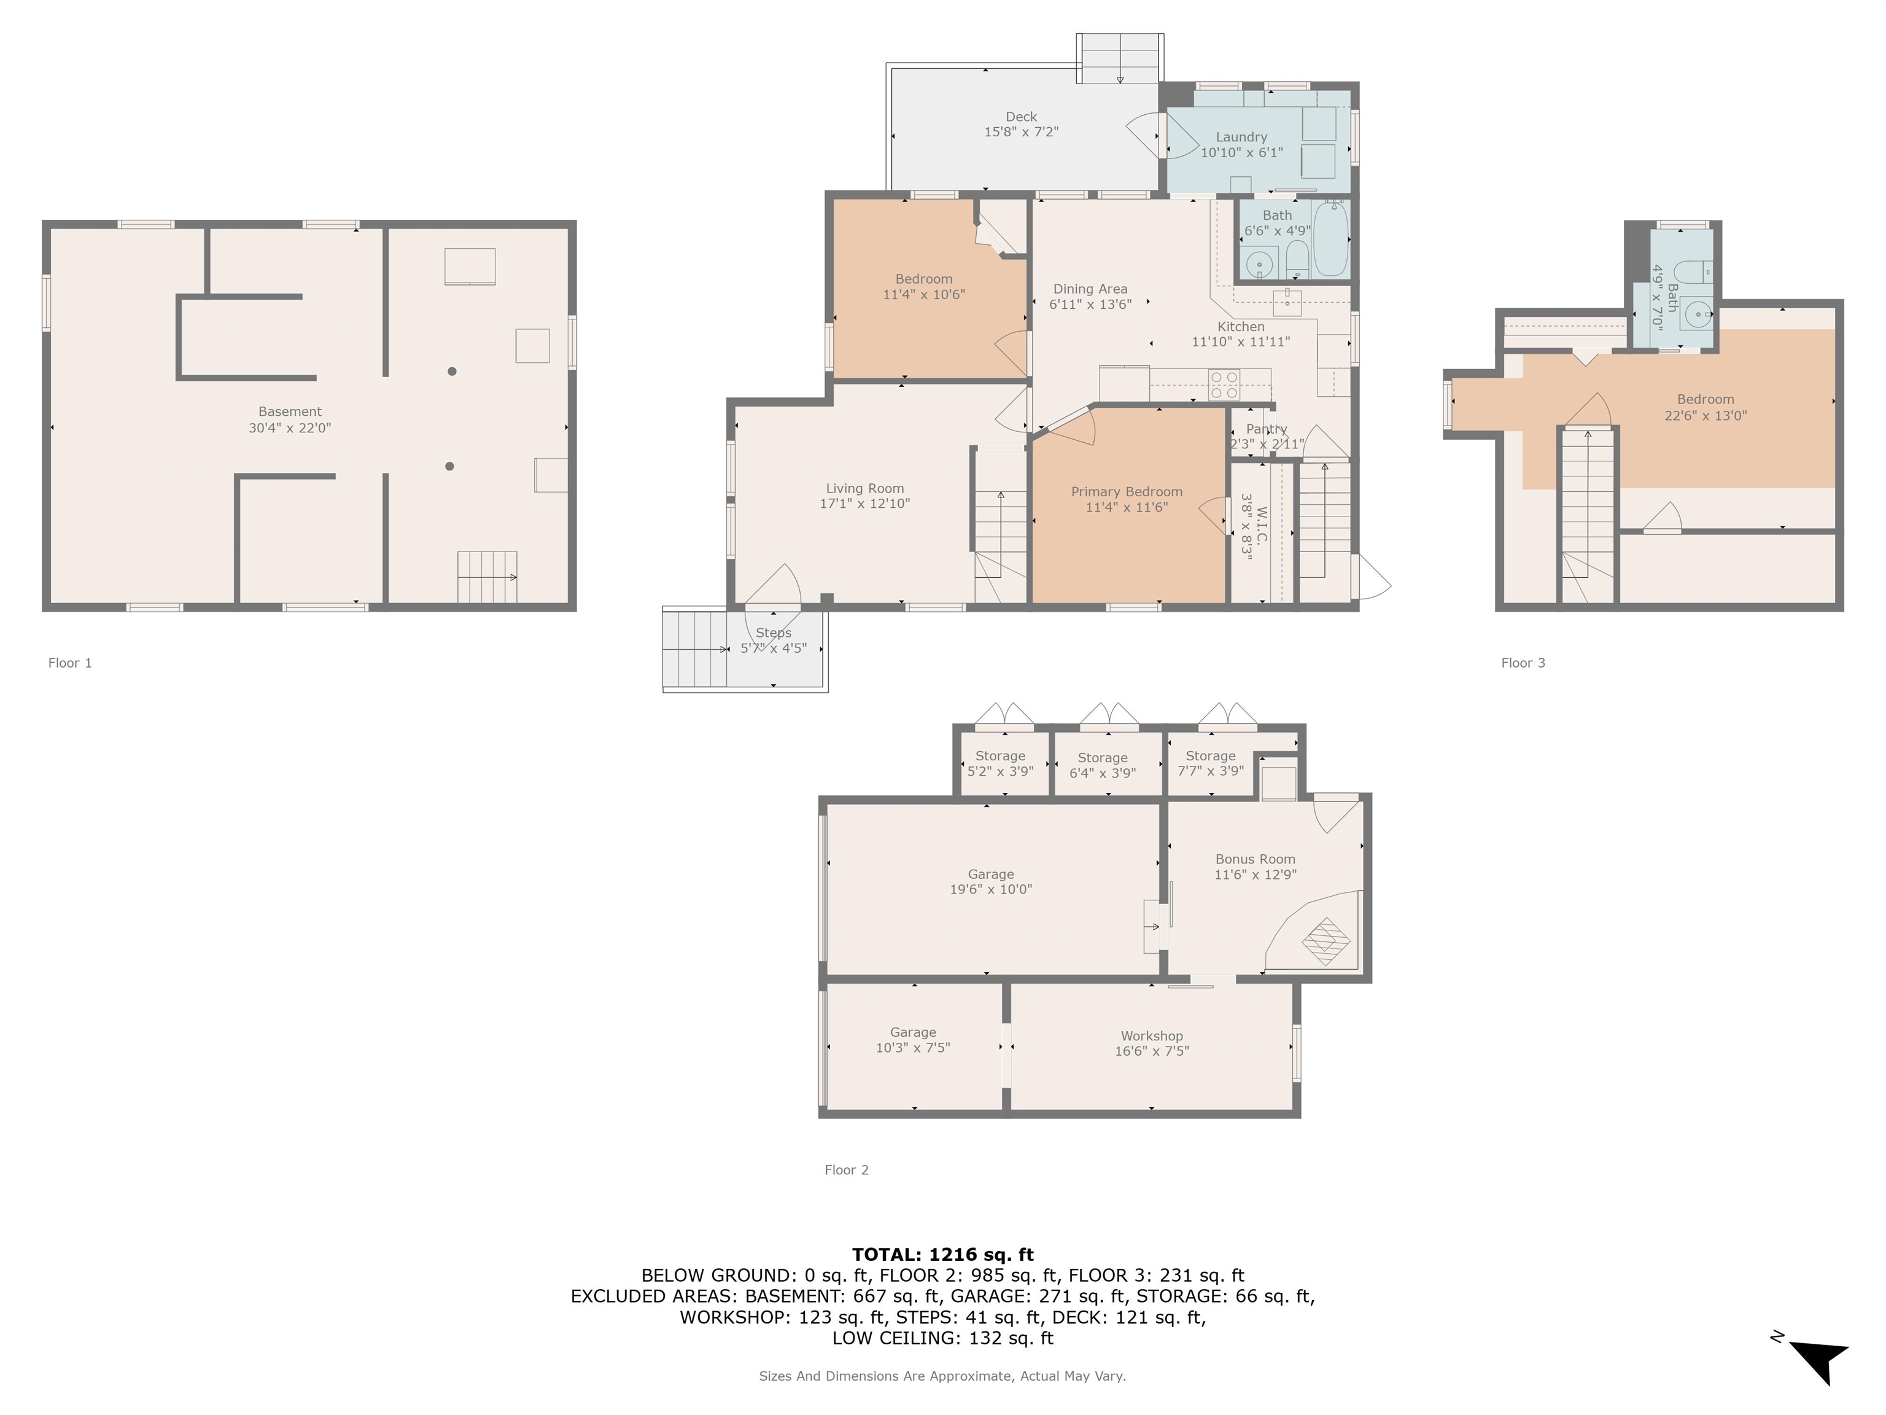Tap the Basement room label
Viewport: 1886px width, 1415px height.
click(x=290, y=411)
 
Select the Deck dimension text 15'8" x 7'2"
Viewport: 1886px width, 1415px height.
click(x=1022, y=132)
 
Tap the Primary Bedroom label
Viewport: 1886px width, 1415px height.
click(x=1127, y=491)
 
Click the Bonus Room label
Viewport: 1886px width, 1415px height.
click(x=1255, y=859)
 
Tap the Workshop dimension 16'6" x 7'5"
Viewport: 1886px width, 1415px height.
click(x=1152, y=1051)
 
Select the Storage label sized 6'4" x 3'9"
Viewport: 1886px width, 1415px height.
click(x=1103, y=757)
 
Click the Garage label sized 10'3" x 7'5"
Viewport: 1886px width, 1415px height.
click(x=913, y=1032)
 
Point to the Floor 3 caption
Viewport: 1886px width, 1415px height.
click(x=1523, y=663)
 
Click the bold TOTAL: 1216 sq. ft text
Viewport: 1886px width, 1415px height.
click(x=943, y=1255)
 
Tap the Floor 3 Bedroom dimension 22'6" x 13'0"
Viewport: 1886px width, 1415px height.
click(x=1706, y=415)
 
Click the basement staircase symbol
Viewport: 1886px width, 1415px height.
click(x=487, y=577)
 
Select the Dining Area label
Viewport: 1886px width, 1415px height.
click(x=1090, y=289)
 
